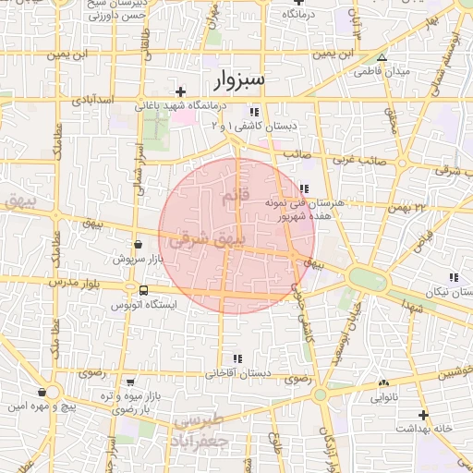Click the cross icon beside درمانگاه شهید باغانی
click(x=181, y=91)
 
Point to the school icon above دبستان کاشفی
click(x=254, y=111)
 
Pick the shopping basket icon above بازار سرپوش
click(x=139, y=245)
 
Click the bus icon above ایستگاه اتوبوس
click(x=142, y=291)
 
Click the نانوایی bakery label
click(x=384, y=398)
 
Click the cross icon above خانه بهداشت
click(x=423, y=416)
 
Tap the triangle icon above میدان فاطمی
click(x=382, y=57)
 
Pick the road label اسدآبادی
click(x=93, y=98)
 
